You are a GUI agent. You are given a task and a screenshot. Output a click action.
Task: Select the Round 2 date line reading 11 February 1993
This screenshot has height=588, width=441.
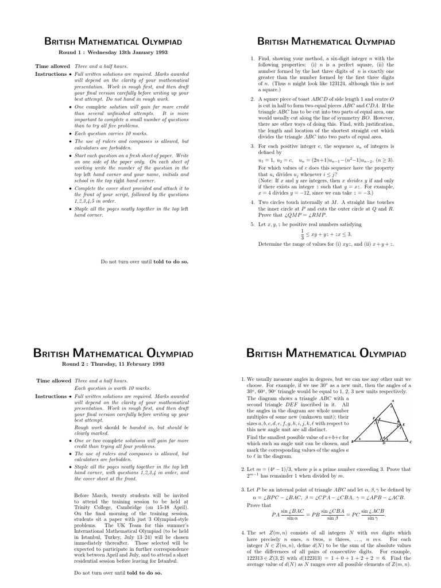(x=113, y=363)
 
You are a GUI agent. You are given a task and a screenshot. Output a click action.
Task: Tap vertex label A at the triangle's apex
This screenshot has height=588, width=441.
(x=392, y=401)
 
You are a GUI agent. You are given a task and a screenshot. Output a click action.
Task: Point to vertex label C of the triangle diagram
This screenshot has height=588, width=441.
(x=411, y=442)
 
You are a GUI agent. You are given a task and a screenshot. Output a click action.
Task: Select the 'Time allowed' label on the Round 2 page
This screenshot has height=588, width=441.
(x=53, y=381)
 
